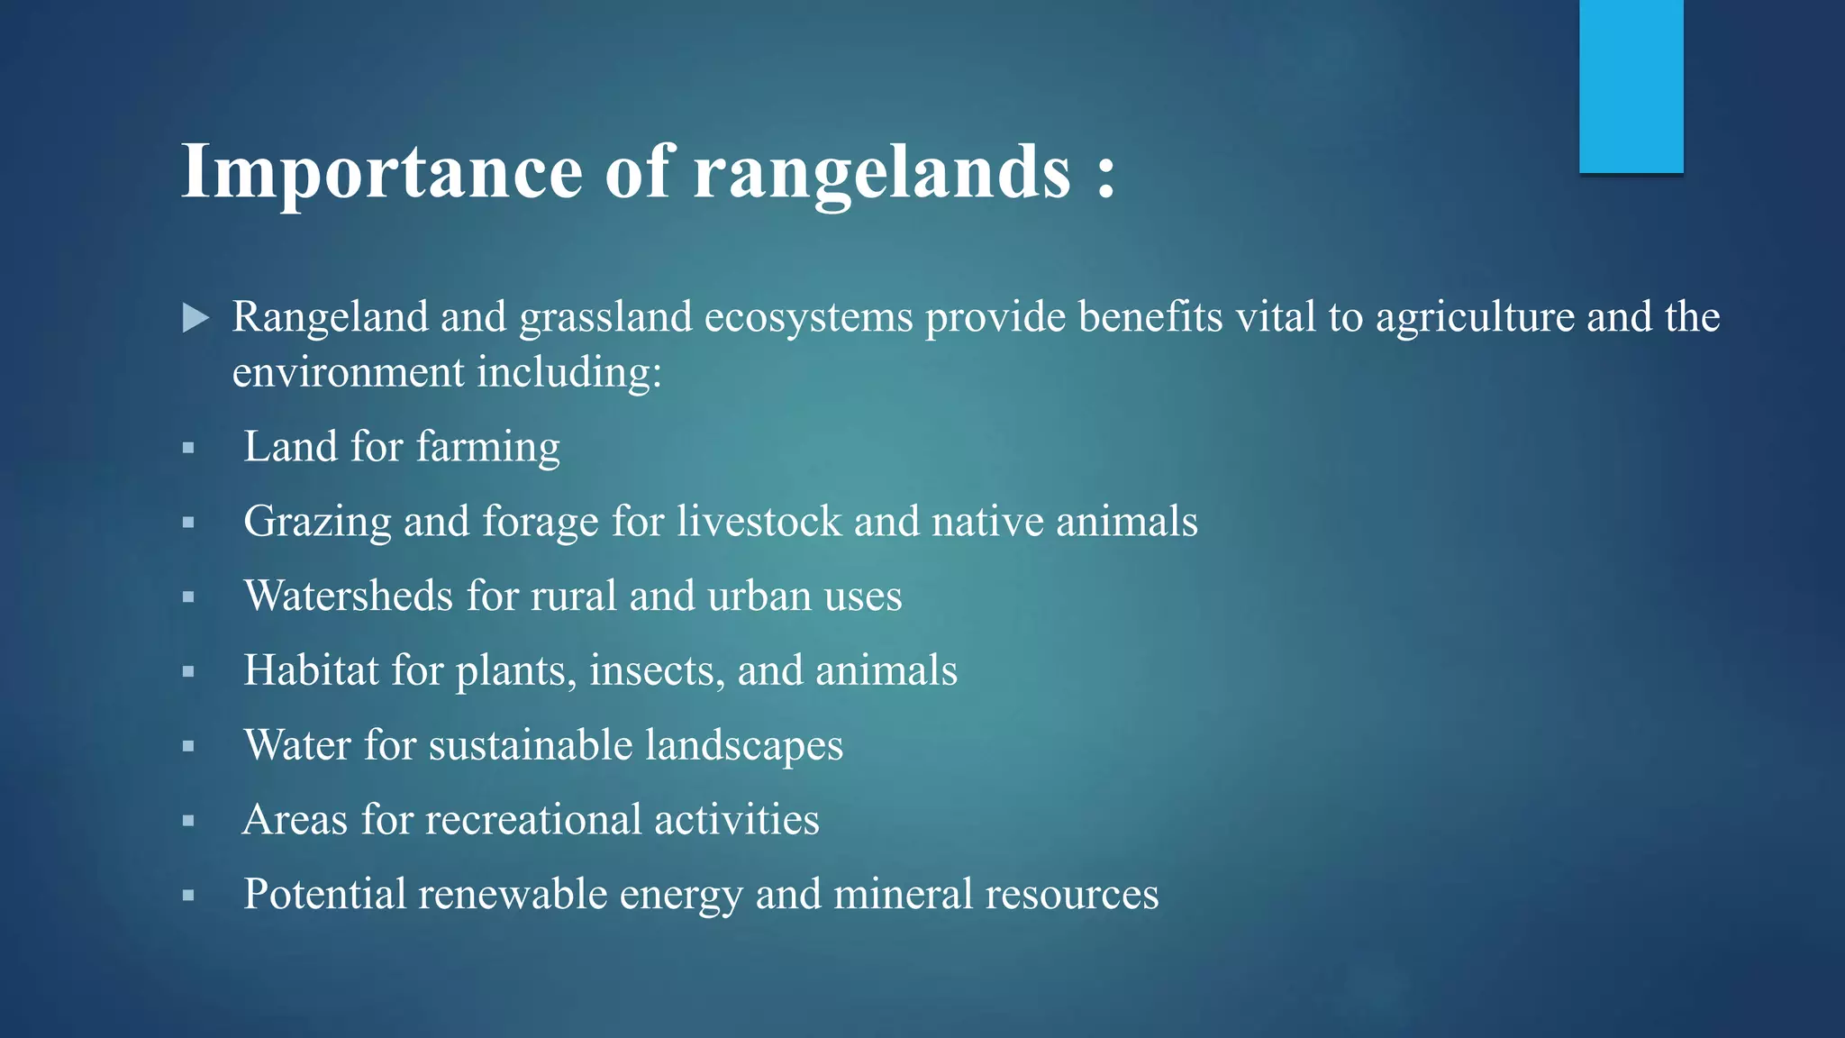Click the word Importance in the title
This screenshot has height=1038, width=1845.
[x=382, y=171]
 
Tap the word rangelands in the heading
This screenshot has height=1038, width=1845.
[x=882, y=171]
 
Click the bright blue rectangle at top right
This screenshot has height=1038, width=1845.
[x=1631, y=86]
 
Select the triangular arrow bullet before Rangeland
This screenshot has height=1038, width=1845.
[x=195, y=318]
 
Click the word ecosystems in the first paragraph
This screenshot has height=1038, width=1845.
[x=808, y=317]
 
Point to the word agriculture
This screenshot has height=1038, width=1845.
[x=1475, y=317]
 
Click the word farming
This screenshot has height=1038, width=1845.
[x=487, y=447]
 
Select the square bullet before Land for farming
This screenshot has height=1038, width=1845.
[x=188, y=448]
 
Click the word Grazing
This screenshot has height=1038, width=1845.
[x=317, y=522]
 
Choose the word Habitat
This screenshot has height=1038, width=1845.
[x=311, y=670]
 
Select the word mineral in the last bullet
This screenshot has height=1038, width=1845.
[x=903, y=895]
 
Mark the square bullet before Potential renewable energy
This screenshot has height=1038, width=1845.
[x=188, y=896]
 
